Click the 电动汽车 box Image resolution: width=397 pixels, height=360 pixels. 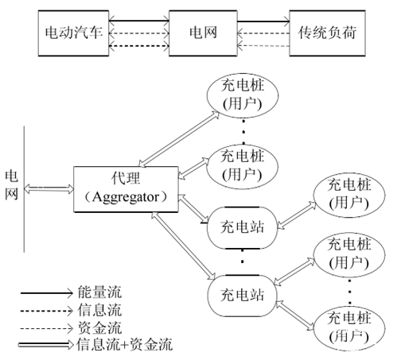pyautogui.click(x=73, y=33)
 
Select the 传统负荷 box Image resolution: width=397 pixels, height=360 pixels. pyautogui.click(x=327, y=33)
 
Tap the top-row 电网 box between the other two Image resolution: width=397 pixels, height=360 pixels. pyautogui.click(x=203, y=33)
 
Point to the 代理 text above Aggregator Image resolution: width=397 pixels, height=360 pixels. pyautogui.click(x=126, y=178)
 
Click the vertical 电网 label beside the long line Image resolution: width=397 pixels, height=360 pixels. pyautogui.click(x=12, y=185)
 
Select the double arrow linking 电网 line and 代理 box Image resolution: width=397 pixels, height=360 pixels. pyautogui.click(x=49, y=189)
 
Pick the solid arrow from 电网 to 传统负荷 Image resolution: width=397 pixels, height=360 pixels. pyautogui.click(x=263, y=21)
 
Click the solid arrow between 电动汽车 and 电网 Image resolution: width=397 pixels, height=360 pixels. pyautogui.click(x=139, y=21)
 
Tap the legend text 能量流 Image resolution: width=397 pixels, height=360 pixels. pyautogui.click(x=99, y=292)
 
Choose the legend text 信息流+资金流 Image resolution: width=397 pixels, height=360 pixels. pyautogui.click(x=125, y=344)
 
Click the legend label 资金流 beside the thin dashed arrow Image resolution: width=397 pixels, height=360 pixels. pyautogui.click(x=99, y=327)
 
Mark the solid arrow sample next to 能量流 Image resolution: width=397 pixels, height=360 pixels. pyautogui.click(x=47, y=293)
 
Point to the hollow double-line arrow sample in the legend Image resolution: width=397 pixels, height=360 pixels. pyautogui.click(x=45, y=345)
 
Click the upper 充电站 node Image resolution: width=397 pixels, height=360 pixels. pyautogui.click(x=242, y=228)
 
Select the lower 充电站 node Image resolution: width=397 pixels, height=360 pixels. pyautogui.click(x=242, y=296)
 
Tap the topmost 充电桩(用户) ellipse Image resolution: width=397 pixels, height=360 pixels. pyautogui.click(x=243, y=95)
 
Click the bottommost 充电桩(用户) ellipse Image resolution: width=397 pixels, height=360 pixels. pyautogui.click(x=349, y=329)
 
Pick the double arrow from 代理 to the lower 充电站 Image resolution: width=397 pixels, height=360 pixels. pyautogui.click(x=184, y=246)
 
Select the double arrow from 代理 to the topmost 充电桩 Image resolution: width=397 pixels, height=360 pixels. pyautogui.click(x=179, y=139)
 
